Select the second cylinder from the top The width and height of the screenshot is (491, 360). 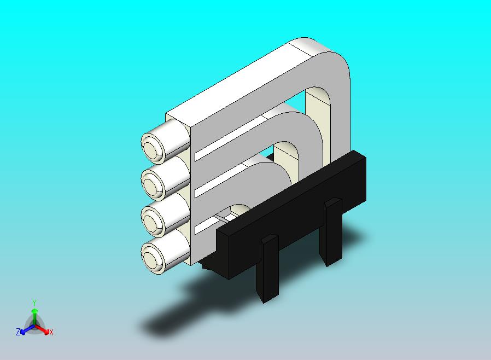coord(153,181)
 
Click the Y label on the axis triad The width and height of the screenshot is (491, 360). coord(34,303)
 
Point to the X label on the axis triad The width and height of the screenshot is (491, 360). coord(51,332)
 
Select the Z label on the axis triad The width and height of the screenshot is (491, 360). coord(18,332)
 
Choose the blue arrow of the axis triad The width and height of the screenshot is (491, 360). coord(25,329)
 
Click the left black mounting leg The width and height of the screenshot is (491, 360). coord(269,268)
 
